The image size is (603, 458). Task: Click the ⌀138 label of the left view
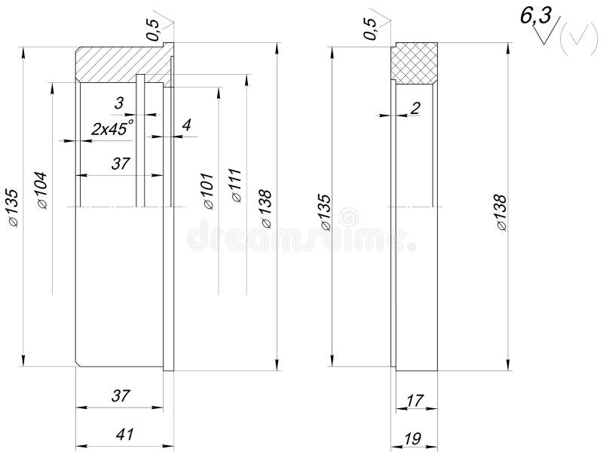coord(266,209)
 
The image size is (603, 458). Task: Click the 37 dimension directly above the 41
coord(121,395)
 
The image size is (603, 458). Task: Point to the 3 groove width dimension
coord(119,102)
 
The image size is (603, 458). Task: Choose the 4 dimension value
coord(186,124)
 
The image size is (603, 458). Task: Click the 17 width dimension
coord(415,401)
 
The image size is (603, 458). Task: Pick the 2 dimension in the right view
coord(415,108)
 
